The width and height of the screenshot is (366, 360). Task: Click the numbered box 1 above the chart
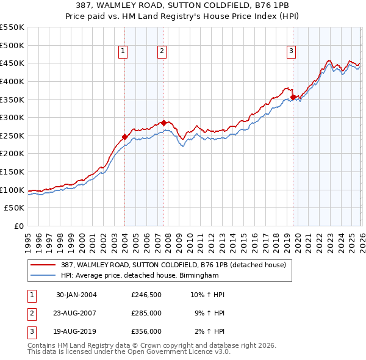123,52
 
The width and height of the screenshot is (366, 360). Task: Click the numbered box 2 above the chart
162,52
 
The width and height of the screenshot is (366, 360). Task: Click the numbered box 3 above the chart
291,52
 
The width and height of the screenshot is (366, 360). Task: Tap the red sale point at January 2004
124,137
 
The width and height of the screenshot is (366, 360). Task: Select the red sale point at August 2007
163,123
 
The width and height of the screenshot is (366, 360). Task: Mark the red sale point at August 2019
293,97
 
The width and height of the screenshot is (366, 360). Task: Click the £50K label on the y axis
15,208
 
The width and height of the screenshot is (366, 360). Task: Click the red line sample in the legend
43,265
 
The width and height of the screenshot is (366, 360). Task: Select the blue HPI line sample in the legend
43,275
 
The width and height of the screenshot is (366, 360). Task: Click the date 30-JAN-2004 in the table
76,295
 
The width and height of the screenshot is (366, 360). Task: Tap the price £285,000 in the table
146,313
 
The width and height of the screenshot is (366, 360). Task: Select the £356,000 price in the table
146,331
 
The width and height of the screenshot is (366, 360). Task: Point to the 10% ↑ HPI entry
207,295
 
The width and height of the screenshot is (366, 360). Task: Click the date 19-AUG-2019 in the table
76,331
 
